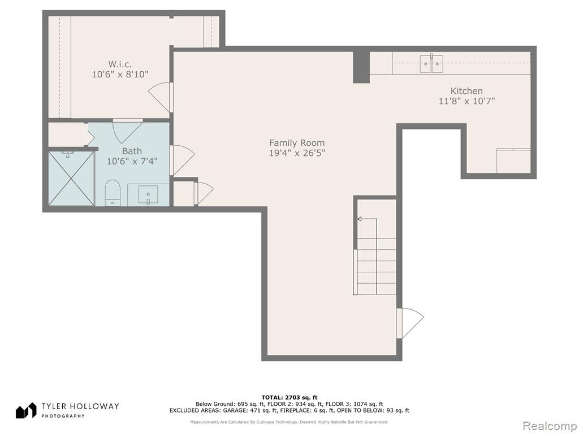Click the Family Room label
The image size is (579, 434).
(297, 143)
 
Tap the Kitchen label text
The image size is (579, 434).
(466, 91)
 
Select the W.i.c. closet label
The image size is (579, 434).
(120, 64)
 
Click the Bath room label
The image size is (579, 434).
(132, 151)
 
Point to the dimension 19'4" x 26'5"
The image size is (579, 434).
(297, 153)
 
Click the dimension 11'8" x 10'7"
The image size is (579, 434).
(466, 101)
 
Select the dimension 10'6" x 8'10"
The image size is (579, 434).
(120, 74)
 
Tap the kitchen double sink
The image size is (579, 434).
(431, 64)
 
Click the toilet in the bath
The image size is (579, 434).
(113, 193)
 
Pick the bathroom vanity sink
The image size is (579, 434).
(148, 195)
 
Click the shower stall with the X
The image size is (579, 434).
(71, 178)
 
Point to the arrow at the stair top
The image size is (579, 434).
(367, 219)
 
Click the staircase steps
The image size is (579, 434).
(376, 267)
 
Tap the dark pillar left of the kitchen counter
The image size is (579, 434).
(361, 67)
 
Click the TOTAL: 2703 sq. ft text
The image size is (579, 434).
(289, 397)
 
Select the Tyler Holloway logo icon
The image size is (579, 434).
(26, 411)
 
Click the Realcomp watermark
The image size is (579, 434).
(549, 426)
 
